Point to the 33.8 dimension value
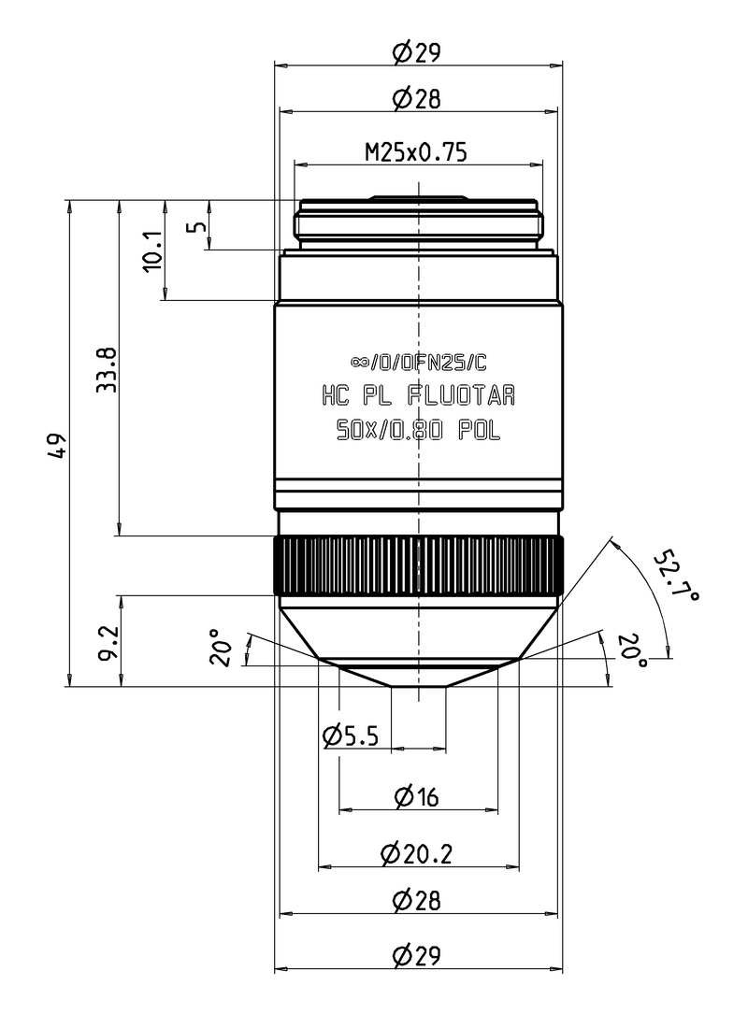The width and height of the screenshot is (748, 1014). coord(107,370)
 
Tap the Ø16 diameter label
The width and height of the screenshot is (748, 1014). coord(417,796)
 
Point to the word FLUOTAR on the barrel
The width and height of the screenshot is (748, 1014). coord(461,395)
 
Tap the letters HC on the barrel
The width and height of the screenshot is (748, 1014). coord(336,395)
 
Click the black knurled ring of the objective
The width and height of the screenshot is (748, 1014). coord(419,566)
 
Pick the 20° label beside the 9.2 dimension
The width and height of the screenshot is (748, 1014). coord(221,650)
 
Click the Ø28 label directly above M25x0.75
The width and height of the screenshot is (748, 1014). coord(417,97)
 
